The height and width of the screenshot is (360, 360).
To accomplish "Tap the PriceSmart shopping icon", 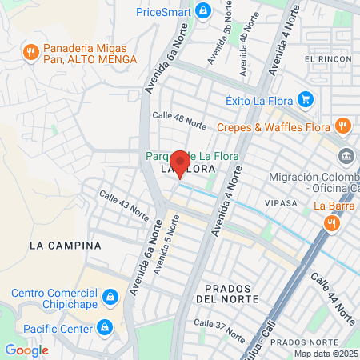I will pyautogui.click(x=203, y=10).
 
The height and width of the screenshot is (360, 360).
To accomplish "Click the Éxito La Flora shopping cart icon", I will pyautogui.click(x=304, y=100).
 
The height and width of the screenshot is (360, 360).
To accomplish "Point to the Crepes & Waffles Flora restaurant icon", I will pyautogui.click(x=342, y=126).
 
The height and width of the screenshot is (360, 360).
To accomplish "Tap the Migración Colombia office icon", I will pyautogui.click(x=346, y=155).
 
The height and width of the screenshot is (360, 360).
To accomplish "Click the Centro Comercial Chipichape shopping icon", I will pyautogui.click(x=110, y=298).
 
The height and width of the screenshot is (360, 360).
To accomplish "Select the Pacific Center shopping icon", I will pyautogui.click(x=104, y=326).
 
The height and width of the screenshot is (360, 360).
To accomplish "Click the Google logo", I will pyautogui.click(x=26, y=350).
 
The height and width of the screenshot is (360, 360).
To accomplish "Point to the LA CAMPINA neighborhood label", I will pyautogui.click(x=65, y=244).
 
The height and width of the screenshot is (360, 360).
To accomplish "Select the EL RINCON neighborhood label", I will pyautogui.click(x=328, y=60).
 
